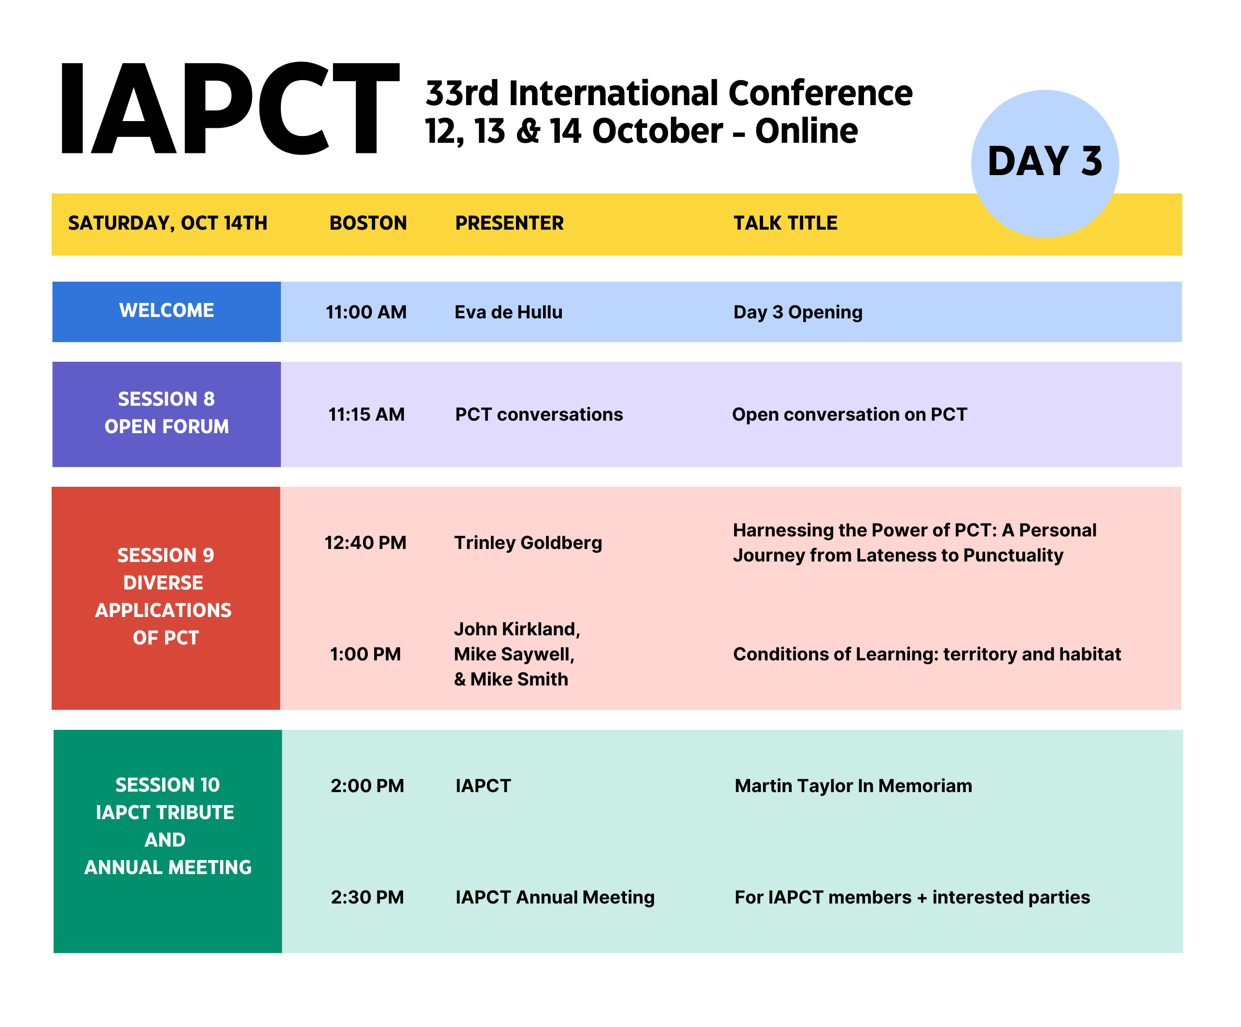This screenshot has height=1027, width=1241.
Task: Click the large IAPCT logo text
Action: click(230, 108)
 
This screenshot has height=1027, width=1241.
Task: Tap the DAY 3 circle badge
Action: click(1045, 164)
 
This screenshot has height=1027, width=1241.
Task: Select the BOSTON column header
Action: click(368, 223)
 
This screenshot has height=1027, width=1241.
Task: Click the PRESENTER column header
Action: click(509, 223)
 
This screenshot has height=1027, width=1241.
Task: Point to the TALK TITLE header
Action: click(785, 223)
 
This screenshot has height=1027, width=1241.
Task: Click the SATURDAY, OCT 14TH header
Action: click(168, 223)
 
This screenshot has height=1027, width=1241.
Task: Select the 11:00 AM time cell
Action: click(366, 312)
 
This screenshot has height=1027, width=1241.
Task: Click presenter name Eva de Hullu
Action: click(508, 312)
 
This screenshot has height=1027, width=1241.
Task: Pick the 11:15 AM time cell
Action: click(366, 414)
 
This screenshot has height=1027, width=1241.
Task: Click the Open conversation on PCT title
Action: click(849, 414)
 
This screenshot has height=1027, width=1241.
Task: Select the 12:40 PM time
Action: click(366, 542)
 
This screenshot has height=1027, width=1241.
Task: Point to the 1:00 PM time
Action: click(365, 654)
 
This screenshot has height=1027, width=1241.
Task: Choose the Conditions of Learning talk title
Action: click(927, 654)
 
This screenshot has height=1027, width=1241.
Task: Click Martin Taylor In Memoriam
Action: click(853, 785)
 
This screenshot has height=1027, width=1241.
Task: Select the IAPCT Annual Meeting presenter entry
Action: click(555, 898)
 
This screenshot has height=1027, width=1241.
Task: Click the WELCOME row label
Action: click(167, 310)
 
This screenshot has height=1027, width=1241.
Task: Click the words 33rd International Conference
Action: click(669, 93)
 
